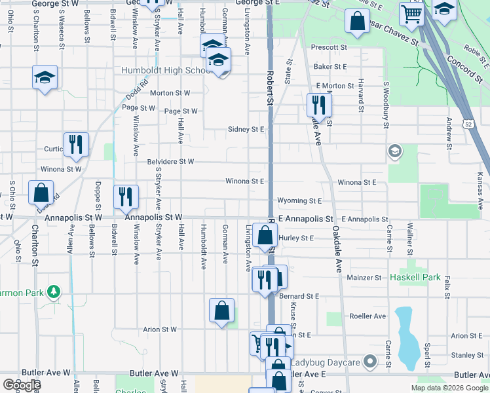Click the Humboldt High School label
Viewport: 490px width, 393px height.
pyautogui.click(x=164, y=70)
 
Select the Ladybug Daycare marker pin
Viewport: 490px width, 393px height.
pyautogui.click(x=370, y=362)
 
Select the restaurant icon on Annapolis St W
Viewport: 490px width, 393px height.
pyautogui.click(x=125, y=196)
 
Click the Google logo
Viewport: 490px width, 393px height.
pyautogui.click(x=21, y=385)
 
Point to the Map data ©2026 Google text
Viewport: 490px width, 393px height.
pyautogui.click(x=449, y=388)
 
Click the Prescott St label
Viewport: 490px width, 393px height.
pyautogui.click(x=329, y=48)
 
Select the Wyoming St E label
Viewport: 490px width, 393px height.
pyautogui.click(x=299, y=201)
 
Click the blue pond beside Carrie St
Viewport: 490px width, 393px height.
pyautogui.click(x=407, y=337)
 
